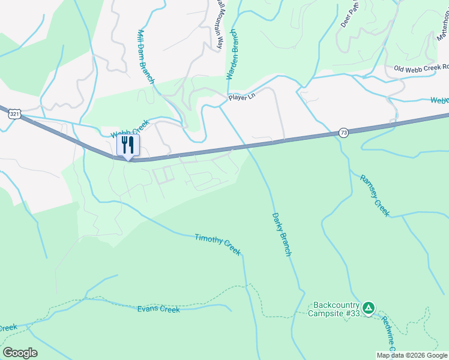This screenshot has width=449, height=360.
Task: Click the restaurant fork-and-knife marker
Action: tap(127, 145)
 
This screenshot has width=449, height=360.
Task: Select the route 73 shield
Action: tap(343, 133)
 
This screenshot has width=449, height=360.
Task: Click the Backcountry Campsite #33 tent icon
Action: tap(369, 308)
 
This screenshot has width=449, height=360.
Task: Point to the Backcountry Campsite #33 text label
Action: tap(334, 308)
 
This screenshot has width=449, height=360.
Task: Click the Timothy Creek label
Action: tap(217, 244)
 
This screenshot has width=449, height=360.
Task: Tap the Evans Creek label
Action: tap(158, 309)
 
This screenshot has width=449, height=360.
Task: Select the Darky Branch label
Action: tap(282, 234)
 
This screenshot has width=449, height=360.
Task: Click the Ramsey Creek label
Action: tap(375, 195)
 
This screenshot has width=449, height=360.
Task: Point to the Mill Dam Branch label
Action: tap(146, 56)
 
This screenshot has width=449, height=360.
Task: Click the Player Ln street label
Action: tap(241, 97)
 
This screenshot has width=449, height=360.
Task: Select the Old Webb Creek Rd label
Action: tap(421, 68)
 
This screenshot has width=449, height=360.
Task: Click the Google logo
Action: tap(20, 353)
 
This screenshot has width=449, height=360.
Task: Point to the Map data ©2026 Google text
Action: tap(412, 355)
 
